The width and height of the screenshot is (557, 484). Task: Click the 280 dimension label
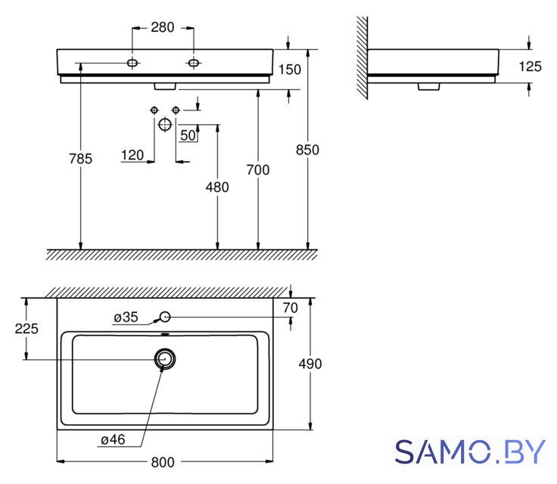163,27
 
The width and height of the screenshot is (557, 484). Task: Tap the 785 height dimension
81,158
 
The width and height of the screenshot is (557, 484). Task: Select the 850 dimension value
307,150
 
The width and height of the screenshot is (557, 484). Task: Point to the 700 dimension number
258,169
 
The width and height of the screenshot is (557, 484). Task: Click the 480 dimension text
217,187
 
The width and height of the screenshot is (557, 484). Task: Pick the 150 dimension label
290,70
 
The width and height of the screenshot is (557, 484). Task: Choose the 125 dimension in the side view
530,67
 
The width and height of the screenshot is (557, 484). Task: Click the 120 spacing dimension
132,155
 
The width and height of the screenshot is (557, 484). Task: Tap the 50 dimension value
188,135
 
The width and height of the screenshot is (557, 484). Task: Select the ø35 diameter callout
126,317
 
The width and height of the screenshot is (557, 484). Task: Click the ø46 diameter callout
113,439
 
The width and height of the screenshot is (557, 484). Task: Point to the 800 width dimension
163,462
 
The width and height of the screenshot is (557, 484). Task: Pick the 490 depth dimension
310,364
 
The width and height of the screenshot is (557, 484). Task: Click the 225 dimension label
26,328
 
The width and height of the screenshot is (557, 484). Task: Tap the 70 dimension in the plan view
290,308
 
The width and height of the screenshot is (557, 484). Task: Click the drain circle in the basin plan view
165,351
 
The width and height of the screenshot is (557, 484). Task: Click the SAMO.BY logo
470,451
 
